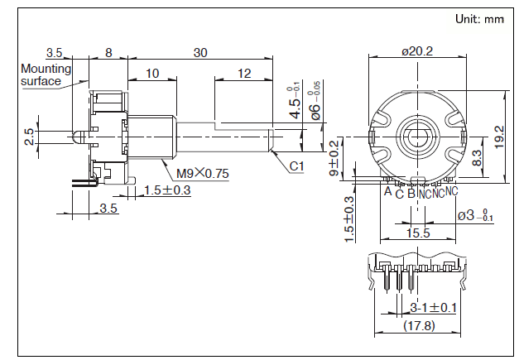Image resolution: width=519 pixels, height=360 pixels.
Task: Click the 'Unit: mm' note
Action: coord(480,18)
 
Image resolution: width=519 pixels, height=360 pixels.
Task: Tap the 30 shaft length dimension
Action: coord(200,51)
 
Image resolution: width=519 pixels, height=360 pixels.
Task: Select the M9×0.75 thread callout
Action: coord(202,174)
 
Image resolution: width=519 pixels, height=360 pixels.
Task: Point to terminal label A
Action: coord(387,191)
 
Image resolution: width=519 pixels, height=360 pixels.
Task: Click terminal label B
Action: coord(411,193)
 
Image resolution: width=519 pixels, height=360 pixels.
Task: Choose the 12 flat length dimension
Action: coord(243,74)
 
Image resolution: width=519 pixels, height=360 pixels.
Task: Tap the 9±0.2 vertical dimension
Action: coord(334,159)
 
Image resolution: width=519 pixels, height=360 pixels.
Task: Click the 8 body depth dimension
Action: coord(108,51)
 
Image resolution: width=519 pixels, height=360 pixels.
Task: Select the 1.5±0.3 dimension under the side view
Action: coord(167,190)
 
